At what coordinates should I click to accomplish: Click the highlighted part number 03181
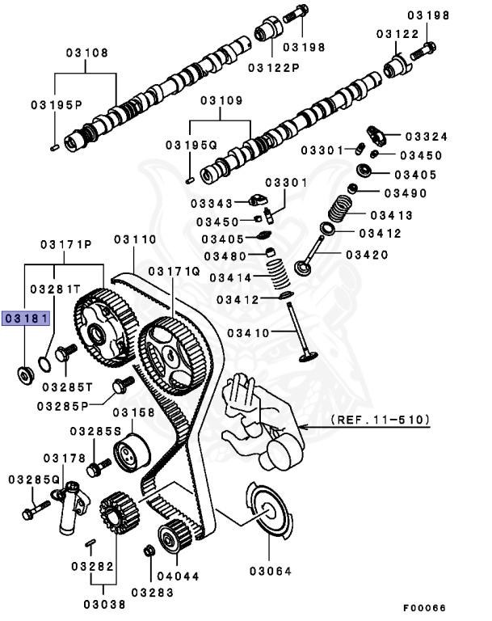point(26,319)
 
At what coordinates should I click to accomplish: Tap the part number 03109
point(221,101)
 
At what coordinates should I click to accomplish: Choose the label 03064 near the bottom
point(269,571)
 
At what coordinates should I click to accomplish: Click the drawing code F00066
point(425,607)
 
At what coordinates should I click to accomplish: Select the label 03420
point(367,255)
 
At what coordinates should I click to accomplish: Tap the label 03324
point(426,137)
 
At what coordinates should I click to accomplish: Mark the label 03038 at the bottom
point(105,602)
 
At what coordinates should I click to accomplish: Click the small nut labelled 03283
point(149,551)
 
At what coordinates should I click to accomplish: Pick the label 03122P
point(273,66)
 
